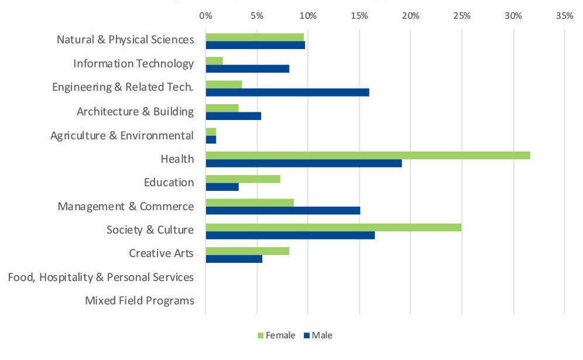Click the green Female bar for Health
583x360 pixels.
(368, 155)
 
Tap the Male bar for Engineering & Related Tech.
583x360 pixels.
(287, 92)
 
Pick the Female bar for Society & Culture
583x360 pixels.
(333, 227)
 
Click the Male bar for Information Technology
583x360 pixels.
(247, 68)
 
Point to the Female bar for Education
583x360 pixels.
(243, 179)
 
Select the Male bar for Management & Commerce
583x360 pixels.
(283, 211)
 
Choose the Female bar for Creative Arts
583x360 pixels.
(247, 251)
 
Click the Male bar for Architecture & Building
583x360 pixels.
(233, 116)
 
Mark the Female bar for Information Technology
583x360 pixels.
(214, 61)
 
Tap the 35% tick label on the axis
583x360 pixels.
(564, 16)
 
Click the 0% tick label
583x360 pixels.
(205, 16)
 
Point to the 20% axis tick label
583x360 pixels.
(411, 16)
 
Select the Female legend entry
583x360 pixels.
(276, 335)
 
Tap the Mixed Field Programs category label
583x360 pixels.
(139, 301)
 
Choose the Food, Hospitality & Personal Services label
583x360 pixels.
(101, 277)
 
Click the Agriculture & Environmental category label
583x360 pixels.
(122, 136)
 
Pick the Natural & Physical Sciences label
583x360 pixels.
(125, 40)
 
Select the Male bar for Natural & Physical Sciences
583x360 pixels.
(255, 45)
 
